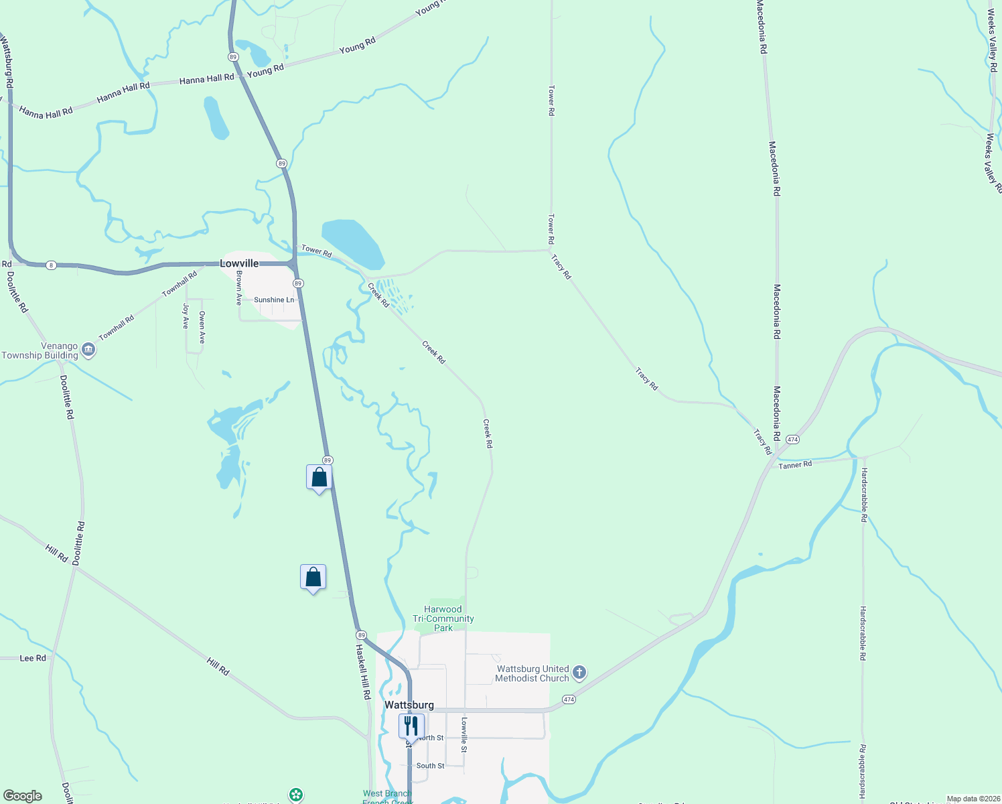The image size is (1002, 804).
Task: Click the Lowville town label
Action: pos(239,263)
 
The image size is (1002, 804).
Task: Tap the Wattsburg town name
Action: pos(409,705)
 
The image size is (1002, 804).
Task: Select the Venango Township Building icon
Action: pos(88,350)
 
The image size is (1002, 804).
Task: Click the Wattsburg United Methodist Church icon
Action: pos(579,672)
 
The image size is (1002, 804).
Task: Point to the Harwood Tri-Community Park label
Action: pos(443,618)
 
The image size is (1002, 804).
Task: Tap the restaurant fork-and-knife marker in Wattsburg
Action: pos(411,726)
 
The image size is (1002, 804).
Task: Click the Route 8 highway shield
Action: pos(51,265)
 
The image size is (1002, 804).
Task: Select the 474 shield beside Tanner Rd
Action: pos(792,440)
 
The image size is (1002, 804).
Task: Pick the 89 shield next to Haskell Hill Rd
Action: pos(361,634)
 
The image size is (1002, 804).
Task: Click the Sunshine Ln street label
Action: pos(274,299)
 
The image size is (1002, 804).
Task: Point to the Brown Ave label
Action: pos(239,288)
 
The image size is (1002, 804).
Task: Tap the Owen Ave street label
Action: pos(202,328)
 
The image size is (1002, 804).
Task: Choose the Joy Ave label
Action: pos(186,316)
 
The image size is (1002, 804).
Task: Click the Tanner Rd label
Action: pos(795,464)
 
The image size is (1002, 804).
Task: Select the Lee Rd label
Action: pos(33,658)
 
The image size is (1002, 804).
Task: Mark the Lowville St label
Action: pos(463,735)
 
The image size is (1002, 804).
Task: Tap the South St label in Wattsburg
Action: pos(430,765)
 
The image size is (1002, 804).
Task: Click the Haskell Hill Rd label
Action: pos(362,672)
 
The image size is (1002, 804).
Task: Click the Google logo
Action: pos(22,796)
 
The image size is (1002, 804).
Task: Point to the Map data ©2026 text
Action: pos(973,799)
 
